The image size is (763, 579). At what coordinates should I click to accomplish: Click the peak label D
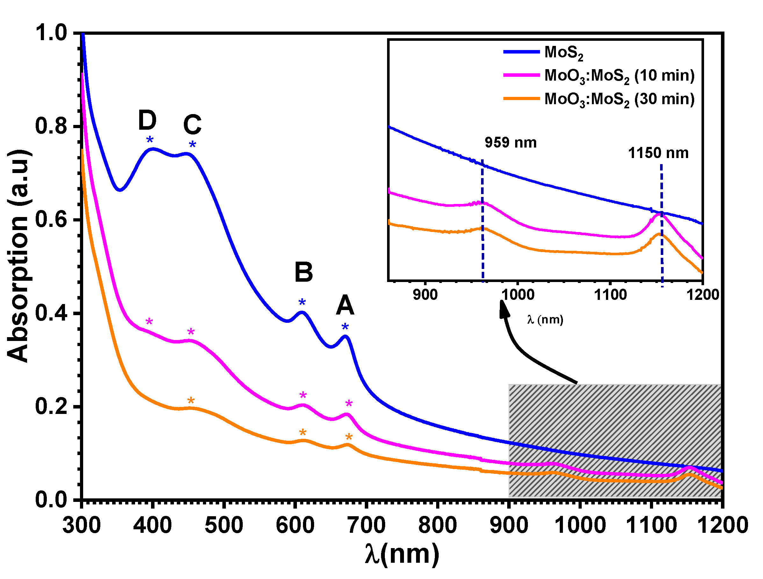[x=147, y=120]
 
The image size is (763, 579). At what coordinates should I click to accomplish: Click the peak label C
[x=192, y=125]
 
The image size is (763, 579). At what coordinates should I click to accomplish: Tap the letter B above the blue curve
[x=304, y=272]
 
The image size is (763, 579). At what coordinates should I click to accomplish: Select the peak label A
[x=345, y=305]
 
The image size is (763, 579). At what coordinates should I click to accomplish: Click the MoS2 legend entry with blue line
[x=543, y=53]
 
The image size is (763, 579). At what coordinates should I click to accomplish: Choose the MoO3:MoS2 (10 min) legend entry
[x=599, y=76]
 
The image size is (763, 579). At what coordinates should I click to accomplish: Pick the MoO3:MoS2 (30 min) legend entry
[x=599, y=99]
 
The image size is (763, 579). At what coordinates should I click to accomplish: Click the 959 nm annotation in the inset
[x=510, y=142]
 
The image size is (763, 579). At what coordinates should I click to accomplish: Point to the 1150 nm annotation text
[x=658, y=153]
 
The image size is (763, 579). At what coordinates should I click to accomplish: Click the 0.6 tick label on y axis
[x=51, y=220]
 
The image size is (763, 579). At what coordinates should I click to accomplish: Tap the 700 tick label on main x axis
[x=366, y=525]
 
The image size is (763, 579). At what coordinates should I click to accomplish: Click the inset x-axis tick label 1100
[x=610, y=295]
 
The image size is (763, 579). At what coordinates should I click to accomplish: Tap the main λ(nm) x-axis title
[x=402, y=554]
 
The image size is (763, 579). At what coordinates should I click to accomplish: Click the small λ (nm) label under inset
[x=545, y=320]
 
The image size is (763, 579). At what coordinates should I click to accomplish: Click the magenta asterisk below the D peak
[x=149, y=322]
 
